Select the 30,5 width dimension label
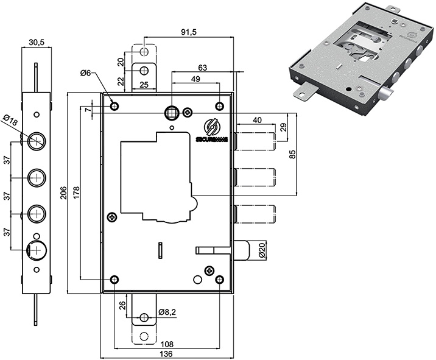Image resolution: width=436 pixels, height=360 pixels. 37,43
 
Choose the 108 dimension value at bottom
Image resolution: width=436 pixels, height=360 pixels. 166,342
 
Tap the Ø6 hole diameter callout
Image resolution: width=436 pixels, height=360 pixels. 85,74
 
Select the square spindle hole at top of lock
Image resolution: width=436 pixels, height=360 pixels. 172,112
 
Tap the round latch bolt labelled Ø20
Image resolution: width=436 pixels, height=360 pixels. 242,250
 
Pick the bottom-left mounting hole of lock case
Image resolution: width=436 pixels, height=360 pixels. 114,280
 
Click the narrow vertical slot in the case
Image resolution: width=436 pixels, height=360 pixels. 160,250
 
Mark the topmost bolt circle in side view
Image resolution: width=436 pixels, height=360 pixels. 37,141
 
